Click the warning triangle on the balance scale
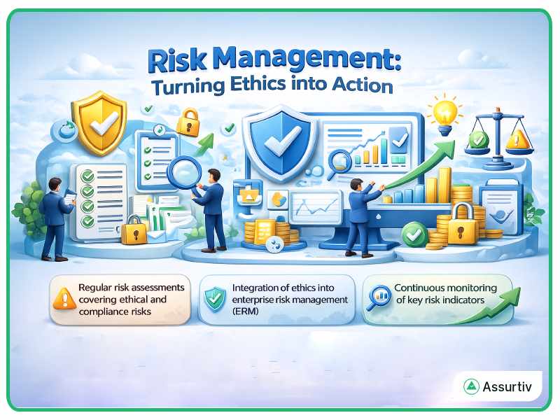517,140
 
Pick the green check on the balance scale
478,139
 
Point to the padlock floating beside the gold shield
187,123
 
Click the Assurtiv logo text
507,387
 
